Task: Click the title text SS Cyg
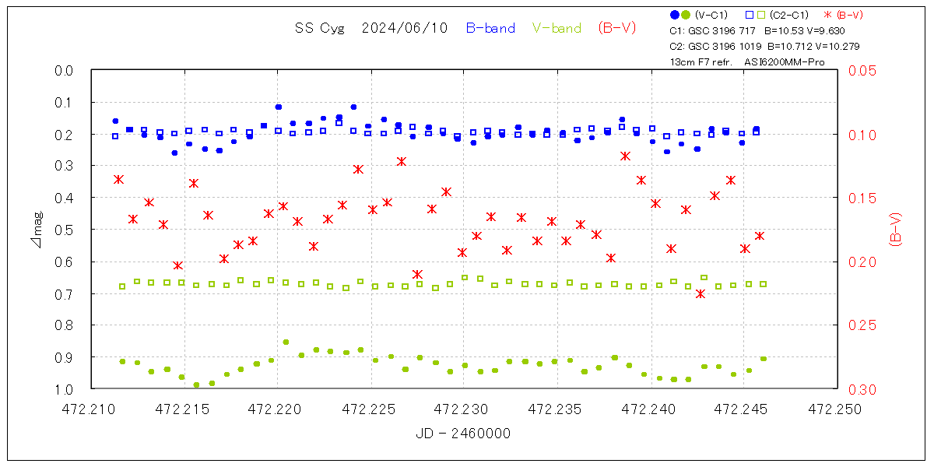(x=315, y=28)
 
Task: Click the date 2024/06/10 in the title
(x=405, y=28)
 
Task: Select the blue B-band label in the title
(x=490, y=28)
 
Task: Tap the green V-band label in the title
(x=557, y=28)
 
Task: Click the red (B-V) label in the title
(x=617, y=28)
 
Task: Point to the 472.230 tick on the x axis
(x=464, y=408)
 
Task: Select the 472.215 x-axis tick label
(x=184, y=408)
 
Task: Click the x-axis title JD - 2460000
(x=463, y=434)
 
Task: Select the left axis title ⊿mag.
(x=37, y=230)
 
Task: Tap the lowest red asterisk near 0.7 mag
(x=700, y=293)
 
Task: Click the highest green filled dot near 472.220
(x=286, y=342)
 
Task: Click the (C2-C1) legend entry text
(x=789, y=15)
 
